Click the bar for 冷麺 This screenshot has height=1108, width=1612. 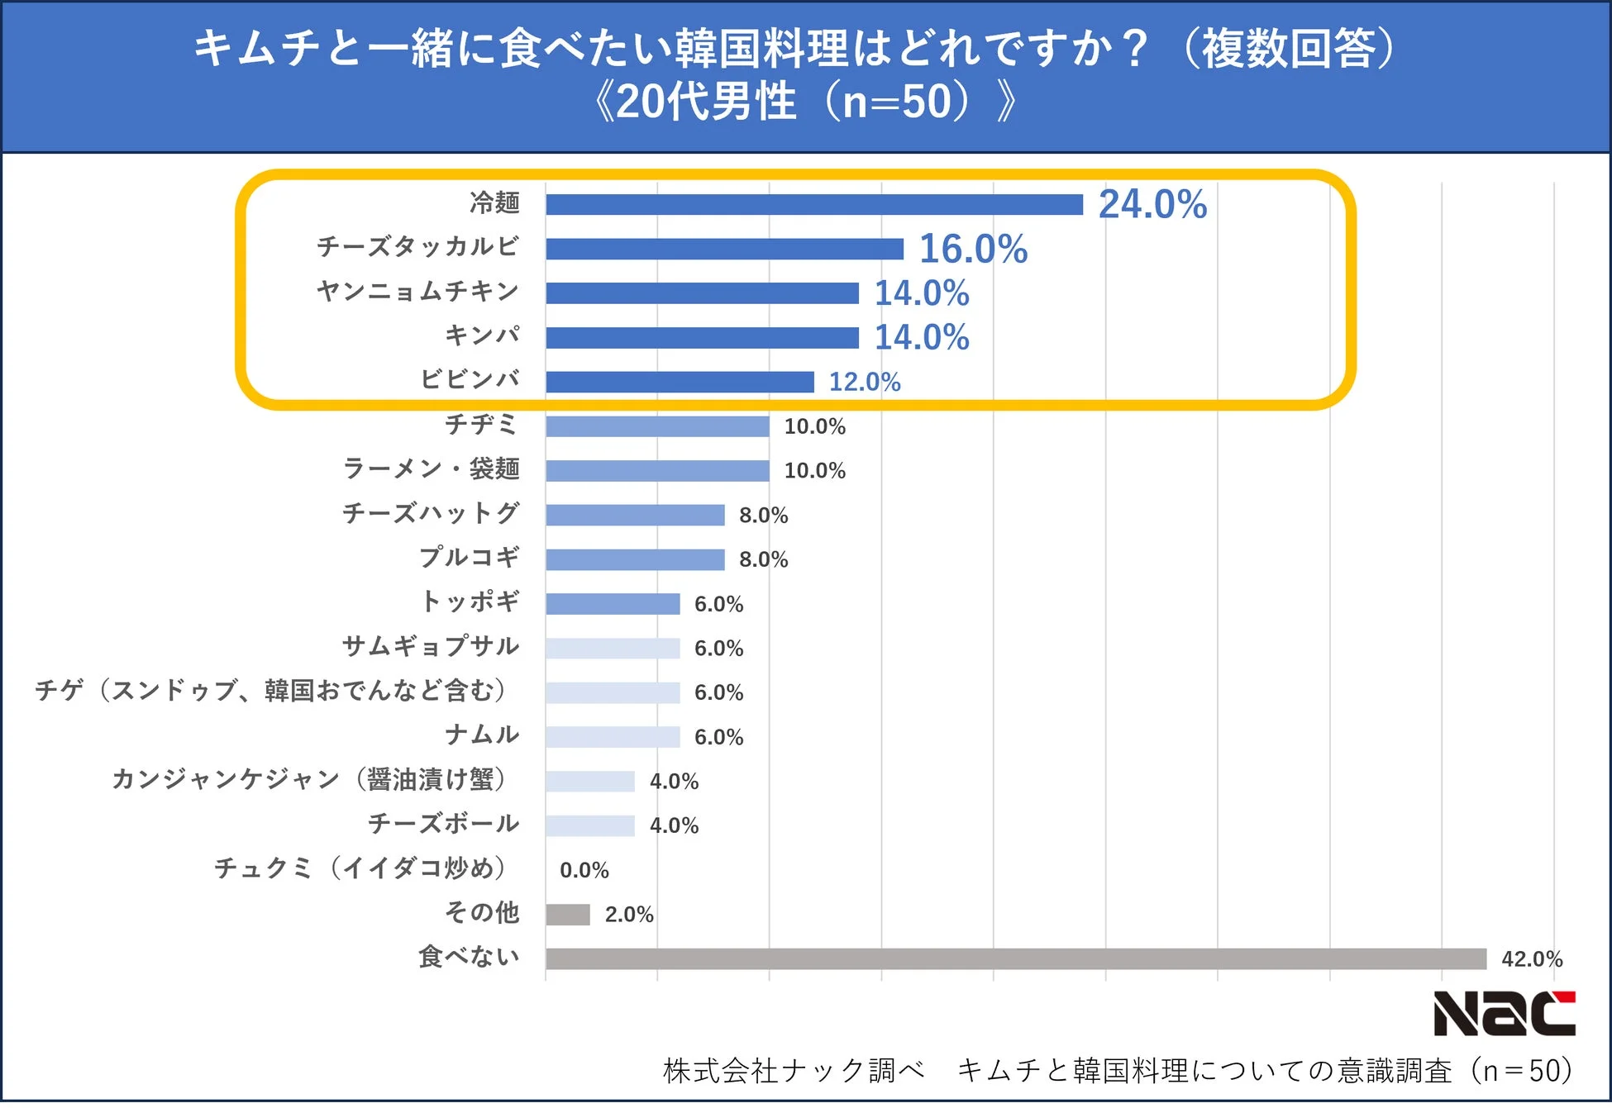[x=814, y=205]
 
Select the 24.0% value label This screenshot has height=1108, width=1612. [x=1152, y=204]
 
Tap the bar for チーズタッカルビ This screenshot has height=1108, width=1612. [x=724, y=249]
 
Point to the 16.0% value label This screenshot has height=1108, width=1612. [x=973, y=249]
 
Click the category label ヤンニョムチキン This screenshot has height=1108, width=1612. [x=417, y=291]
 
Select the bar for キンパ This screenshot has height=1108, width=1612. [x=702, y=337]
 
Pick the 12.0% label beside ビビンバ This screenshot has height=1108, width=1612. [x=865, y=382]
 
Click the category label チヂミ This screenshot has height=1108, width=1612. [x=482, y=425]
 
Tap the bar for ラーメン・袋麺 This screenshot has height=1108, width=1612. [x=657, y=471]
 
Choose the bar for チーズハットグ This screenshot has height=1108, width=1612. [x=635, y=516]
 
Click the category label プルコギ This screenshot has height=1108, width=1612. [x=470, y=558]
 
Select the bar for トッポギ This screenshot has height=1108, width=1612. [x=613, y=604]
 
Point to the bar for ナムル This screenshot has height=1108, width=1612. [x=613, y=737]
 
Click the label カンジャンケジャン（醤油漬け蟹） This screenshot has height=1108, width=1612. [x=309, y=779]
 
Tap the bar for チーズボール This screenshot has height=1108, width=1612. [x=590, y=825]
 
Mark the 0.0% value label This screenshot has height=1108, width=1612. [x=584, y=870]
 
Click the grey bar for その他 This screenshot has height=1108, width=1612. [x=568, y=915]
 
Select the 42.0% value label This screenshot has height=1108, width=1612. [x=1531, y=959]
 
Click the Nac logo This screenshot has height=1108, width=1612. [x=1504, y=1014]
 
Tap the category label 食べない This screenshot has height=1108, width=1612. [x=469, y=957]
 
